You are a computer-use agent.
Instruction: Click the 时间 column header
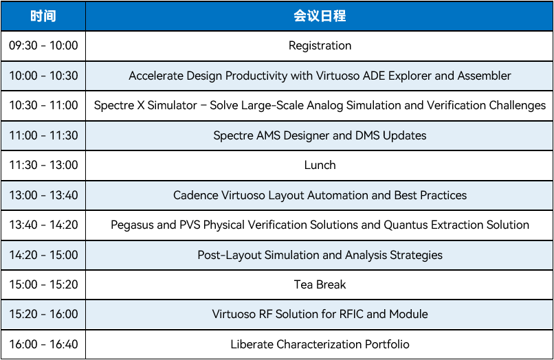[43, 16]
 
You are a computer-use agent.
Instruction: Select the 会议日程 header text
[320, 16]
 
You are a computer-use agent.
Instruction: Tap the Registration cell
[320, 45]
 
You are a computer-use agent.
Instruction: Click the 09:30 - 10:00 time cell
[43, 45]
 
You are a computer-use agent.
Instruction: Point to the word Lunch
[320, 165]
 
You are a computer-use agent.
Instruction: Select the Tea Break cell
[320, 284]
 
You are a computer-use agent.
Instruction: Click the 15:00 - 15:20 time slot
[43, 284]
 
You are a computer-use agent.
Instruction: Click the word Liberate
[252, 344]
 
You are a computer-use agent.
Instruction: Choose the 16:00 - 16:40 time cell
[43, 344]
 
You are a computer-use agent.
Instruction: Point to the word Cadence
[196, 195]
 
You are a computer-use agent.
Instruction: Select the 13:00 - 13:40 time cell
[43, 195]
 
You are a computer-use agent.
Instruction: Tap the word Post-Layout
[230, 255]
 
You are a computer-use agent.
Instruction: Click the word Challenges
[518, 105]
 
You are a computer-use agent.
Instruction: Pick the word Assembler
[485, 76]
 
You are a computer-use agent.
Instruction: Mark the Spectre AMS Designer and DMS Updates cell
[320, 135]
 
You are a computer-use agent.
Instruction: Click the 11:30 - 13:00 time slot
[43, 165]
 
